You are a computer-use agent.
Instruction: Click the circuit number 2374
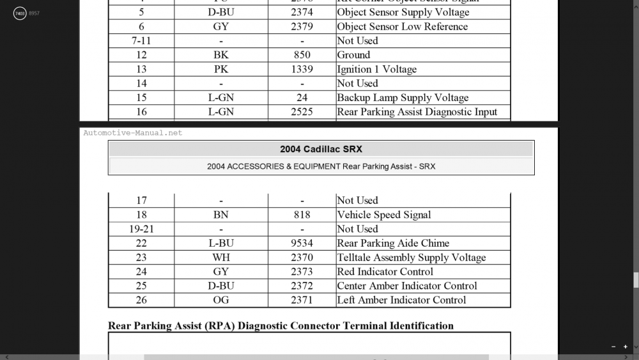[302, 12]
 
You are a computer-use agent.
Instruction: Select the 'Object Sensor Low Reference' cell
[402, 26]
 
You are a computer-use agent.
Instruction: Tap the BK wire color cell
[221, 55]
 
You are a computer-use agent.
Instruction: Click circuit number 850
[302, 55]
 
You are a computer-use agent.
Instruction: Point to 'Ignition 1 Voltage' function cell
[376, 69]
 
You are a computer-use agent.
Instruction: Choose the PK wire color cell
[221, 69]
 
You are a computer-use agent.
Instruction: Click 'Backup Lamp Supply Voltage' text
[403, 97]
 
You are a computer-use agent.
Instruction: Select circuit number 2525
[302, 111]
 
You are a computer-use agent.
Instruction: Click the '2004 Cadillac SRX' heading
[321, 149]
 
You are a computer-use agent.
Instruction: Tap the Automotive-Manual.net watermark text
[133, 133]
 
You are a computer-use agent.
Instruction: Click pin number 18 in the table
[141, 215]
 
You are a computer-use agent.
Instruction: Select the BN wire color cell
[221, 215]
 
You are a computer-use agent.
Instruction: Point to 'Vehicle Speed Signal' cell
[383, 215]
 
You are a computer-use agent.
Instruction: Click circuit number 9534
[302, 243]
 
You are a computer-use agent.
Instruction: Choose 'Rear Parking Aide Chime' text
[392, 243]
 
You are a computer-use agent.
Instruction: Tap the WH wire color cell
[221, 257]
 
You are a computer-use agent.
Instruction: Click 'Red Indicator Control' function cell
[385, 271]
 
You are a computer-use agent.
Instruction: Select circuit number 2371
[302, 300]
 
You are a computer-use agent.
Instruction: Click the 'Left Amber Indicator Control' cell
[401, 300]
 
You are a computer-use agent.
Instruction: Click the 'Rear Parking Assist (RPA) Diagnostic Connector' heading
[281, 325]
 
